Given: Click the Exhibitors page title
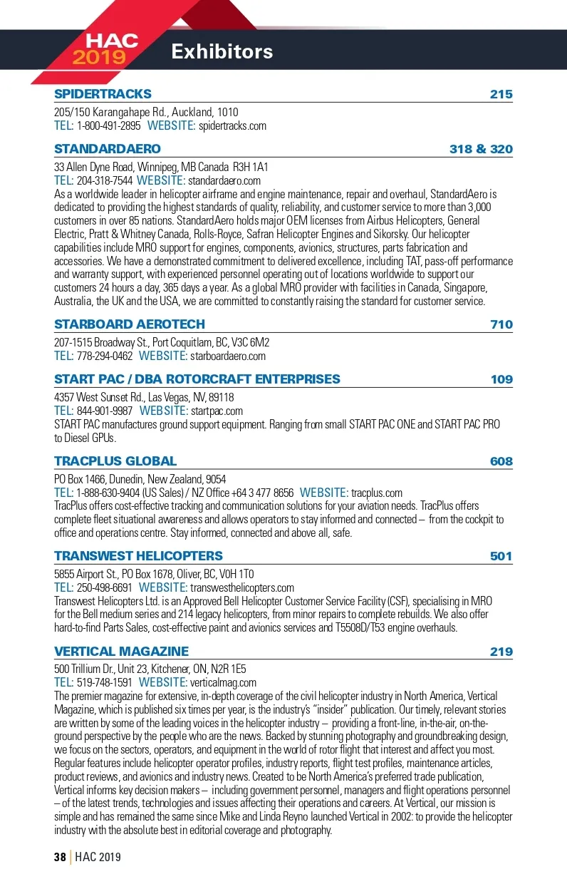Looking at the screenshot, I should pyautogui.click(x=222, y=51).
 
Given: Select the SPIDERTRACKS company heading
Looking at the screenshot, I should pyautogui.click(x=103, y=94).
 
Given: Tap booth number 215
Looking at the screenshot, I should pyautogui.click(x=501, y=94).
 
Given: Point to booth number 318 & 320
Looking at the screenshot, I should pyautogui.click(x=481, y=149).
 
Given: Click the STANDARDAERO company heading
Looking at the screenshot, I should pyautogui.click(x=108, y=149).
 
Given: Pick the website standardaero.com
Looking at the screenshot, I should pyautogui.click(x=224, y=181).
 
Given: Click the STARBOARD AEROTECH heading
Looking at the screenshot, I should pyautogui.click(x=130, y=324).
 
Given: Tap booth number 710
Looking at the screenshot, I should pyautogui.click(x=501, y=324).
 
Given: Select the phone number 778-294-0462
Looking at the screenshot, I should pyautogui.click(x=105, y=356).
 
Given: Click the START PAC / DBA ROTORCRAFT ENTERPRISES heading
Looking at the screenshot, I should pyautogui.click(x=197, y=379).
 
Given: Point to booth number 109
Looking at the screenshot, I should pyautogui.click(x=501, y=379).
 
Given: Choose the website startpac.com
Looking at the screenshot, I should pyautogui.click(x=217, y=411).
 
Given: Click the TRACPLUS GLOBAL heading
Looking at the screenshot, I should pyautogui.click(x=115, y=461).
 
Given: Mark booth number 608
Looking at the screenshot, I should pyautogui.click(x=501, y=461).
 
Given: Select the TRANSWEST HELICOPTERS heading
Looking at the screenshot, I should pyautogui.click(x=138, y=556).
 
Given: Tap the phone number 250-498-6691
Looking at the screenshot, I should pyautogui.click(x=105, y=588).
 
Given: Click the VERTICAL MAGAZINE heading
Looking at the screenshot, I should pyautogui.click(x=122, y=651).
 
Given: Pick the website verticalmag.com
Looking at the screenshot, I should pyautogui.click(x=222, y=682).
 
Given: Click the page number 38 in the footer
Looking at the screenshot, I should pyautogui.click(x=60, y=857).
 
